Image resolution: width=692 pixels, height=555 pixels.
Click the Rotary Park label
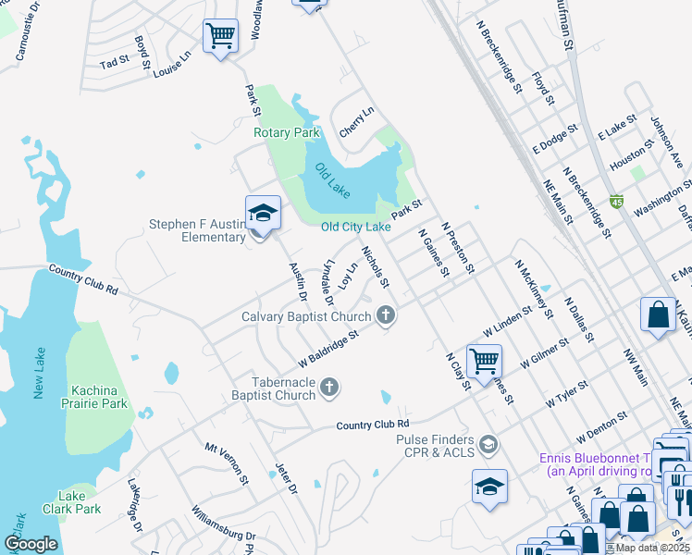pyautogui.click(x=287, y=132)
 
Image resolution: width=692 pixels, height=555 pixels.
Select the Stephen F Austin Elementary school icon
pyautogui.click(x=263, y=214)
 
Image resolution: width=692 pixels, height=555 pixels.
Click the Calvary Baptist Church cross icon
pyautogui.click(x=387, y=316)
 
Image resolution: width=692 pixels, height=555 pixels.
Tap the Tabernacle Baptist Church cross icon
pyautogui.click(x=331, y=388)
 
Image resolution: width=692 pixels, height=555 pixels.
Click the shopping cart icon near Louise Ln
pyautogui.click(x=220, y=37)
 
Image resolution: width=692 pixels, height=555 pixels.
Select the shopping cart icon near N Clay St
pyautogui.click(x=484, y=361)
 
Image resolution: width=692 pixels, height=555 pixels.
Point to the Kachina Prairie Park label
pyautogui.click(x=90, y=398)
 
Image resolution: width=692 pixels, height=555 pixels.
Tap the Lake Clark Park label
pyautogui.click(x=71, y=502)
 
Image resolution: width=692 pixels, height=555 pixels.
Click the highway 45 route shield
pyautogui.click(x=617, y=201)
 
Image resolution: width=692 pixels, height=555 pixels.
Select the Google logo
pyautogui.click(x=31, y=544)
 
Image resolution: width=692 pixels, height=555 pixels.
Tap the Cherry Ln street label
pyautogui.click(x=356, y=123)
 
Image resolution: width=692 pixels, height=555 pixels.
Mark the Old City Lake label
pyautogui.click(x=355, y=227)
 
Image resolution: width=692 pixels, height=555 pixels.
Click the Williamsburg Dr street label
pyautogui.click(x=223, y=524)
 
